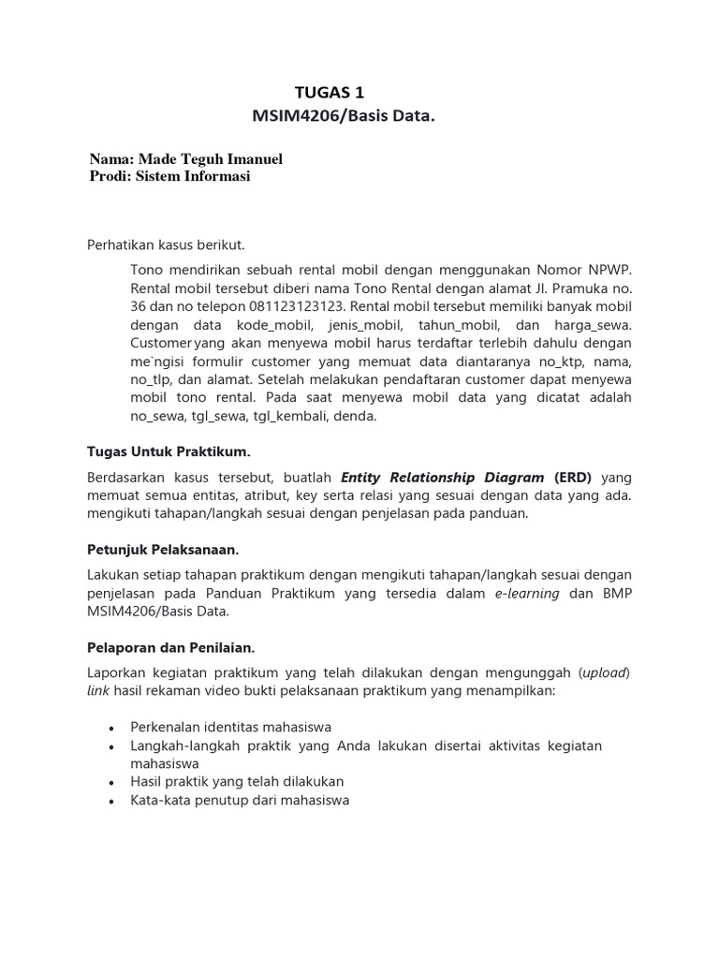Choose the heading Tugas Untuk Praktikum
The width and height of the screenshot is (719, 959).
169,452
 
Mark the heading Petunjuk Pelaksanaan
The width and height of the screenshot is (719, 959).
163,549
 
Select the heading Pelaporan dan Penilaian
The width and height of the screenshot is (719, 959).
171,647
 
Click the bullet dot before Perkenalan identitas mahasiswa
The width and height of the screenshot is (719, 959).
112,728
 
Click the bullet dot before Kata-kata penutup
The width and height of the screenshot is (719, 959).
112,801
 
